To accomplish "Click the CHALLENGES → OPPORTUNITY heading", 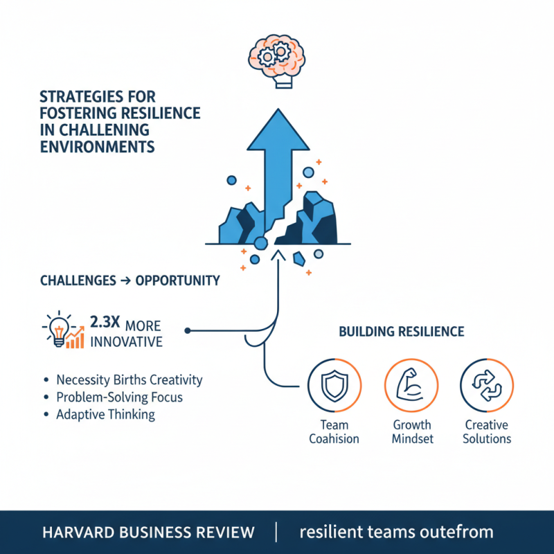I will point(130,281).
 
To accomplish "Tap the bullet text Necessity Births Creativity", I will point(129,379).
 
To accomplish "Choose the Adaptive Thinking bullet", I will point(106,415).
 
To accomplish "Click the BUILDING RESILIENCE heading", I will point(402,332).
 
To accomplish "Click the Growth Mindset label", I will point(411,431).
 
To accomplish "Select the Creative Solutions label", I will point(487,431).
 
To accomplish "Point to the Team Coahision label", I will point(334,431).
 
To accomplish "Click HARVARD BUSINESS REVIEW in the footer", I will point(148,533).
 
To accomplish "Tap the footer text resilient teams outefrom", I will point(396,533).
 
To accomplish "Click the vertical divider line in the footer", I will point(276,532).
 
